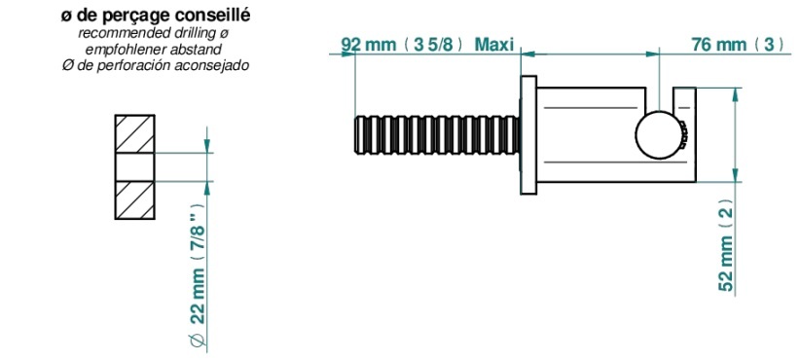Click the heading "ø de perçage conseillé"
tap(156, 16)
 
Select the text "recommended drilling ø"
tap(154, 34)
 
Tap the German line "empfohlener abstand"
tap(154, 50)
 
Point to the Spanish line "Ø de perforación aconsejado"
tap(155, 66)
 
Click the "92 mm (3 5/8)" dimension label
tap(402, 45)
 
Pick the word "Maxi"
tap(493, 45)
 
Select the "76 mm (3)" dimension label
tap(739, 45)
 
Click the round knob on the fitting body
tap(659, 135)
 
